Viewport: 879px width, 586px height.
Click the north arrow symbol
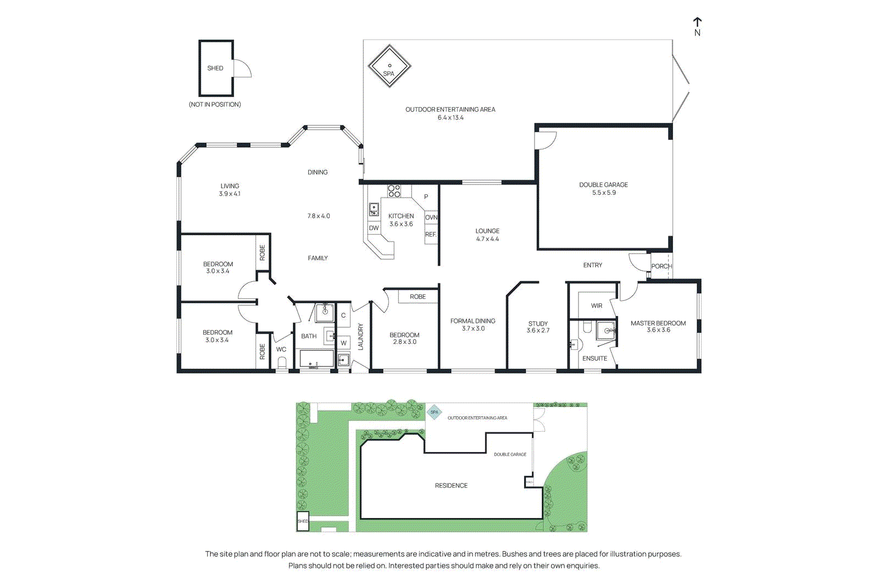697,26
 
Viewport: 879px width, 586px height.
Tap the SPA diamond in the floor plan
390,66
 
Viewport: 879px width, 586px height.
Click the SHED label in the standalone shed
215,68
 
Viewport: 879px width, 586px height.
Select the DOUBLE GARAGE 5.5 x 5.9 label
603,188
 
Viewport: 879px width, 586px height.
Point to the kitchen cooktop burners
394,191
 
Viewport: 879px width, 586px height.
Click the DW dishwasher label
374,228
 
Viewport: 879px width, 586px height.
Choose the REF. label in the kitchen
431,235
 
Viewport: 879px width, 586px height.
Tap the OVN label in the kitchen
431,217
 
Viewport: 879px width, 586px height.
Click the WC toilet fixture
282,362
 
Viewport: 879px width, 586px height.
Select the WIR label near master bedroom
597,306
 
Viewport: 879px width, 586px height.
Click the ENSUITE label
594,358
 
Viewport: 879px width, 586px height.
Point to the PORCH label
661,266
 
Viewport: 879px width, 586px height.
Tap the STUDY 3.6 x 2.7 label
538,327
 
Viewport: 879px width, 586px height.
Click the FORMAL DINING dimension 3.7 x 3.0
473,328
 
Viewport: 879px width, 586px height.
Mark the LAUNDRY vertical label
361,336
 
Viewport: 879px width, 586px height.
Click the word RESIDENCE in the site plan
451,485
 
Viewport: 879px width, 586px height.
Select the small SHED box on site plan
303,521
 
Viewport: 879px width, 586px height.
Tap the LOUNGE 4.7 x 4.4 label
487,235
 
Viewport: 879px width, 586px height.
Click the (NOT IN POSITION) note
215,104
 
